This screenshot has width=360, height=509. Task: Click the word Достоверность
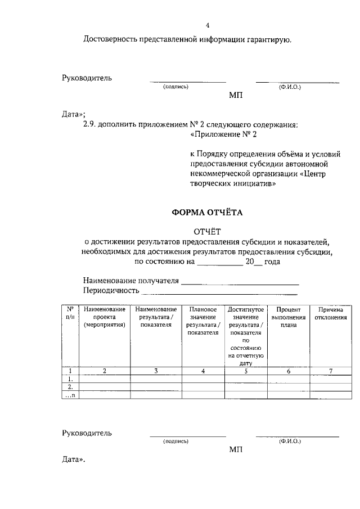[x=111, y=39]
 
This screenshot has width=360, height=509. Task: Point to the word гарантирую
[x=271, y=39]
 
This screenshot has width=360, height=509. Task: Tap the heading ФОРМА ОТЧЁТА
[x=208, y=213]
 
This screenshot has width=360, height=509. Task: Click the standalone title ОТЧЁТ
[x=208, y=231]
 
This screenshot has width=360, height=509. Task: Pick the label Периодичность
[x=110, y=290]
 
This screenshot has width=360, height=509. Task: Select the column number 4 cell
[x=203, y=371]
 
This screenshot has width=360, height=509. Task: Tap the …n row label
[x=70, y=395]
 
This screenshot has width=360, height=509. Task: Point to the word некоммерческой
[x=217, y=174]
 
